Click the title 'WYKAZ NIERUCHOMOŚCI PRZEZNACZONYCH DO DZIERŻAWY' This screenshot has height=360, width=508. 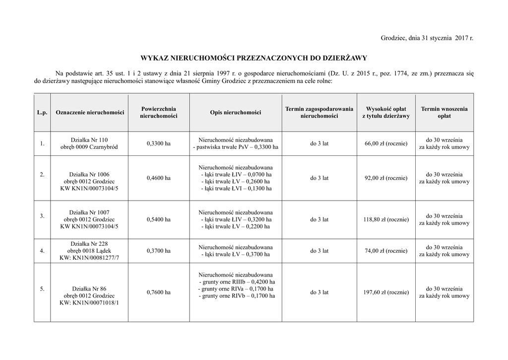coord(254,58)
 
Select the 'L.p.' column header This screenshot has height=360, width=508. coord(42,113)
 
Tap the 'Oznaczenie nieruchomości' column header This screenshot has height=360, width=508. coord(90,113)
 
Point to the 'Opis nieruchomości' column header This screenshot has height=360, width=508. coord(236,113)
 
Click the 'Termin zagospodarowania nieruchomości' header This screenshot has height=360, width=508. coord(319,112)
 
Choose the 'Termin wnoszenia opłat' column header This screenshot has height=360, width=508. coord(444,112)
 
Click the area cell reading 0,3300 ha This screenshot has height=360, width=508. coord(159,144)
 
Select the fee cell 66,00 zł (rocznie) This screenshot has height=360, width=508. coord(386,144)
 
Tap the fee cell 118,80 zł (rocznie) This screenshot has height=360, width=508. coord(386,219)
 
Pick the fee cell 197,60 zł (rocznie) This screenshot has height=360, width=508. coord(386,292)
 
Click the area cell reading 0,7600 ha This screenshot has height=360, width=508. coord(159,292)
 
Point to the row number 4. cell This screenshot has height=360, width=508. coord(42,251)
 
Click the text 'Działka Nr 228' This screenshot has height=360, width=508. coord(89,243)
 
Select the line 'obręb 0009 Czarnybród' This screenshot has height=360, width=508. coord(89,147)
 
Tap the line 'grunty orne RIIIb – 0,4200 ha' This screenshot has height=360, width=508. coord(236,282)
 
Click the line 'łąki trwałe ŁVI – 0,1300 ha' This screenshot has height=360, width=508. coord(236,189)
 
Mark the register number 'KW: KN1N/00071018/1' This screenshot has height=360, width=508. coord(89,302)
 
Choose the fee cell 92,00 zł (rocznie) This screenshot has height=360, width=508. coord(386,178)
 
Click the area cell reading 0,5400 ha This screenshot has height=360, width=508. coord(159,219)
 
